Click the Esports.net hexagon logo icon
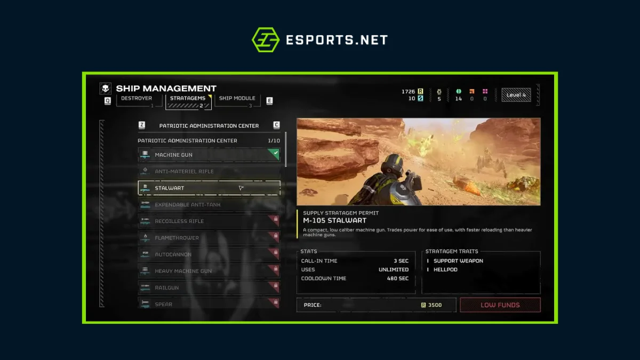(265, 40)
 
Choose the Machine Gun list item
(203, 155)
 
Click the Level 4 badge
(516, 95)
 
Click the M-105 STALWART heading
(334, 220)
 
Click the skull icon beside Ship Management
(106, 89)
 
